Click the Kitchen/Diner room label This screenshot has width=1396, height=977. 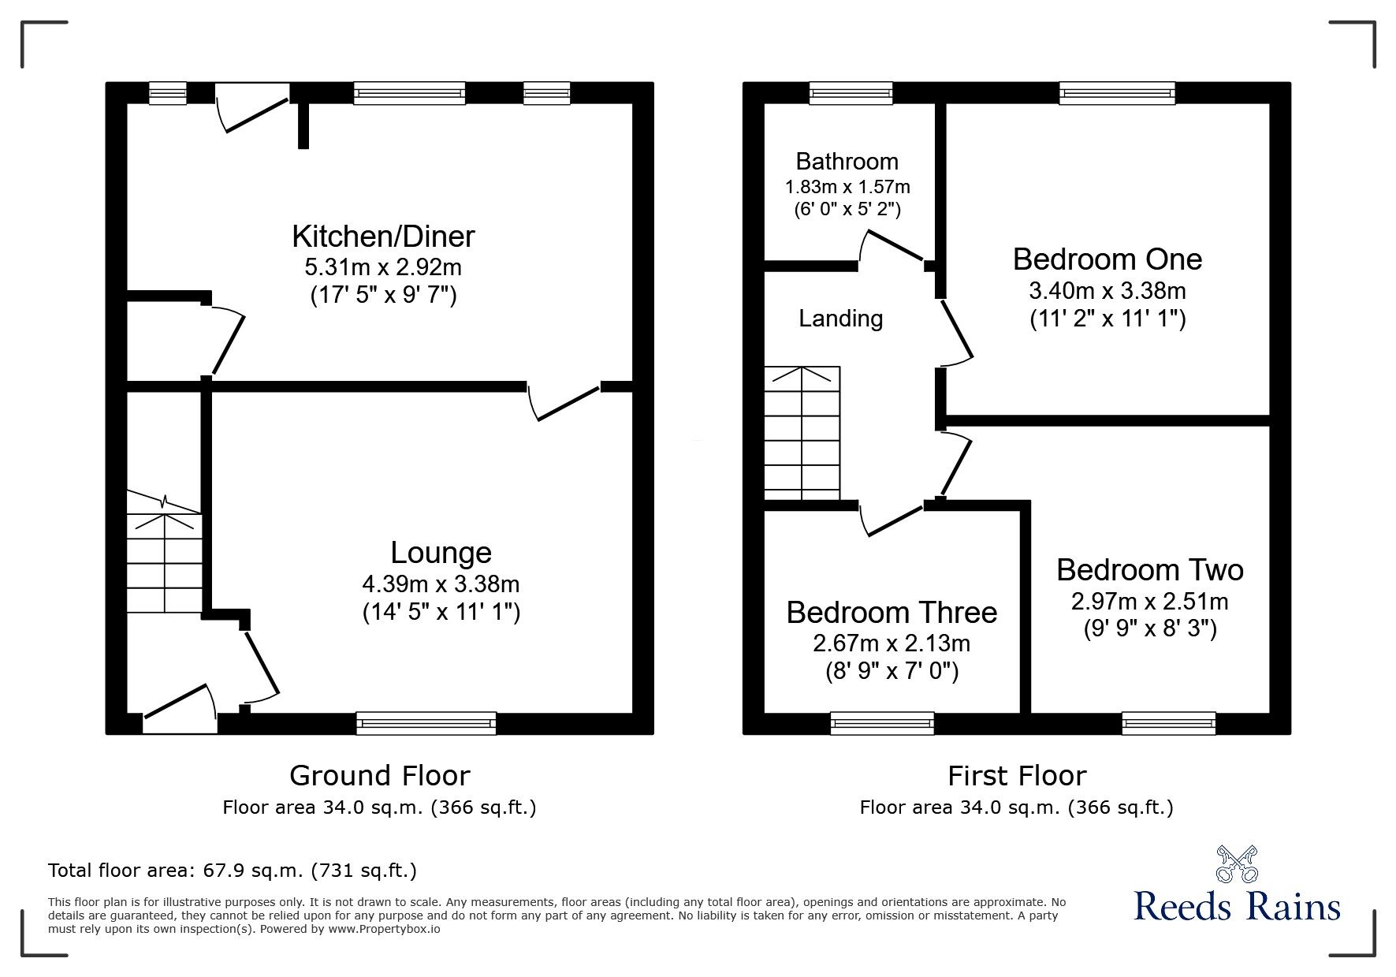coord(383,237)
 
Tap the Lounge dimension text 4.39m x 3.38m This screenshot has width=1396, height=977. coord(441,584)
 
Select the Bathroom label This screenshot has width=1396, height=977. coord(847,162)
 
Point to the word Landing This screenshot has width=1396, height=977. coord(840,319)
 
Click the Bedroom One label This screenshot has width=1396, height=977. coord(1107,259)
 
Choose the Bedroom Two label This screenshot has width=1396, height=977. coord(1149,570)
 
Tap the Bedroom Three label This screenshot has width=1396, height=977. coord(892,613)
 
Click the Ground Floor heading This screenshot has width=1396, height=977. coord(379,776)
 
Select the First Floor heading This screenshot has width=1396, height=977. coord(1016,776)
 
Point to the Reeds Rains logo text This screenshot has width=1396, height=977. coord(1237,906)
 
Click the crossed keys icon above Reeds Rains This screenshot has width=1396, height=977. coord(1237,863)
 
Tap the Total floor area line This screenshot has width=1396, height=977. coord(233,871)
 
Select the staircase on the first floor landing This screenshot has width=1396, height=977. coord(802,434)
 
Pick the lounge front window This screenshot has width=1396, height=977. coord(426,723)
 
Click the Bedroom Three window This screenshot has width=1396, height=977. coord(882,723)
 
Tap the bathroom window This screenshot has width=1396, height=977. coord(851,94)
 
